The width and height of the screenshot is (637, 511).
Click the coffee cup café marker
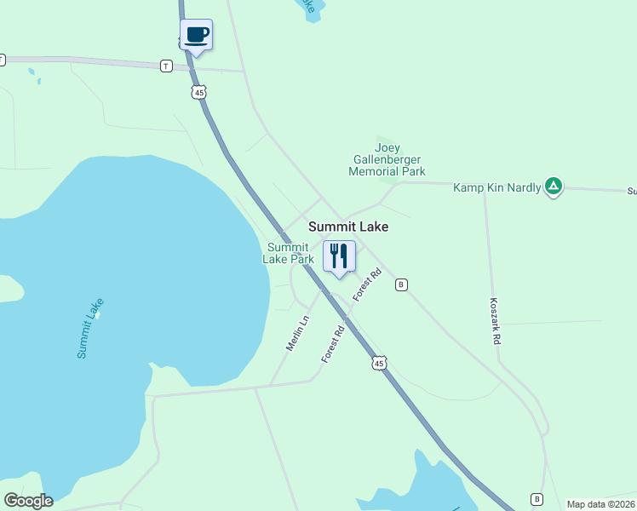point(197,36)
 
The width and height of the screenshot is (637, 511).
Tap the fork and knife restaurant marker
point(339,256)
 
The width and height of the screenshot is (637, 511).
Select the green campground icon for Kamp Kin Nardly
point(554,187)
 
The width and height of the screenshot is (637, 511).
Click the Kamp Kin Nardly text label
point(496,187)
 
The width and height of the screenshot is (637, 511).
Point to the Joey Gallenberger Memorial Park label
point(387,159)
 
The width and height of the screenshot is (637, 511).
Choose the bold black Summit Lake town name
point(348,227)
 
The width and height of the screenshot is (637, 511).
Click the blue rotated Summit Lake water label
point(89,328)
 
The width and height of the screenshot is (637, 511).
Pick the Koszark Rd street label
point(495,320)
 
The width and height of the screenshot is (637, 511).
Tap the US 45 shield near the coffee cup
point(198,92)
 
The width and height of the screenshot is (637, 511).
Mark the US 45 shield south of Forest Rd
point(379,364)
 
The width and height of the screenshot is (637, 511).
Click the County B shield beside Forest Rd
point(401,284)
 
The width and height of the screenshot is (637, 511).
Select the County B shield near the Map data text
point(537,499)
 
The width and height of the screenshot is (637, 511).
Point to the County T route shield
point(166,66)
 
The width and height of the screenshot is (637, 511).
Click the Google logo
point(28,501)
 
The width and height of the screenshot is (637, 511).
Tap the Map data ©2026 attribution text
point(600,504)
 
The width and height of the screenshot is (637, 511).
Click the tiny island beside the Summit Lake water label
point(98,314)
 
